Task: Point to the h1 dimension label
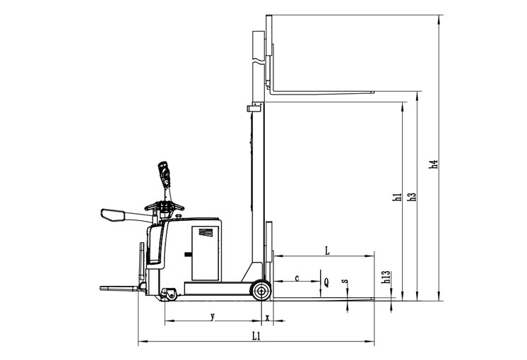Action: click(397, 197)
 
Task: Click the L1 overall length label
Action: click(256, 336)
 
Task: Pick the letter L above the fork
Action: click(327, 251)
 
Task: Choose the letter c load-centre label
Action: click(297, 278)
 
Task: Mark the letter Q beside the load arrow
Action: click(326, 283)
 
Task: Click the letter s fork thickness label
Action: click(345, 281)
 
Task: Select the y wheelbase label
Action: click(213, 316)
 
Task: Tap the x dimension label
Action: click(268, 318)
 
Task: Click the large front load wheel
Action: click(261, 290)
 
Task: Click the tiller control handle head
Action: click(165, 173)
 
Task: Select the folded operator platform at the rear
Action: click(119, 288)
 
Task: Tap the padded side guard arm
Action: click(124, 215)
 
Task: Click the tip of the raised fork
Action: click(374, 92)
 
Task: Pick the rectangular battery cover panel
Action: click(206, 253)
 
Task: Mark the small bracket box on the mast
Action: click(254, 108)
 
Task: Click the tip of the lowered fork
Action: click(374, 298)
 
